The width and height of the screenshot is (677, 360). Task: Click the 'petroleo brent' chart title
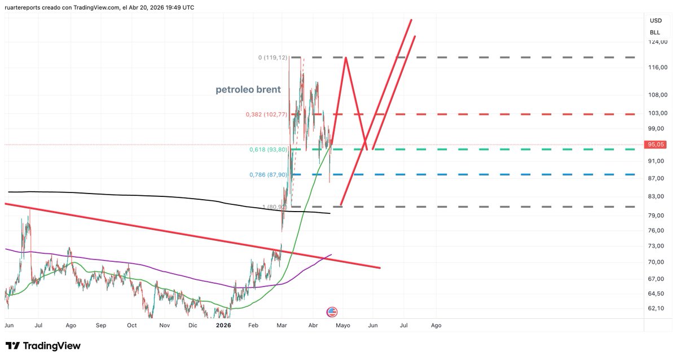tap(248, 90)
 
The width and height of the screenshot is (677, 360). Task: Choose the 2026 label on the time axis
tap(224, 326)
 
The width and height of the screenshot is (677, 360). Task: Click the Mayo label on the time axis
tap(343, 326)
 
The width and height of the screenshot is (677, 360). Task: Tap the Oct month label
tap(132, 326)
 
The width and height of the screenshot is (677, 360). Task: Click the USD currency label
tap(656, 21)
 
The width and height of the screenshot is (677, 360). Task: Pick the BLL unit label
tap(656, 32)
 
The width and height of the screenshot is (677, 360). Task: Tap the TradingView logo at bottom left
tap(43, 346)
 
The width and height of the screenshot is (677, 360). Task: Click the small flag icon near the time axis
tap(332, 312)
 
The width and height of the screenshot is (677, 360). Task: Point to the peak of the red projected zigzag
tap(345, 58)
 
